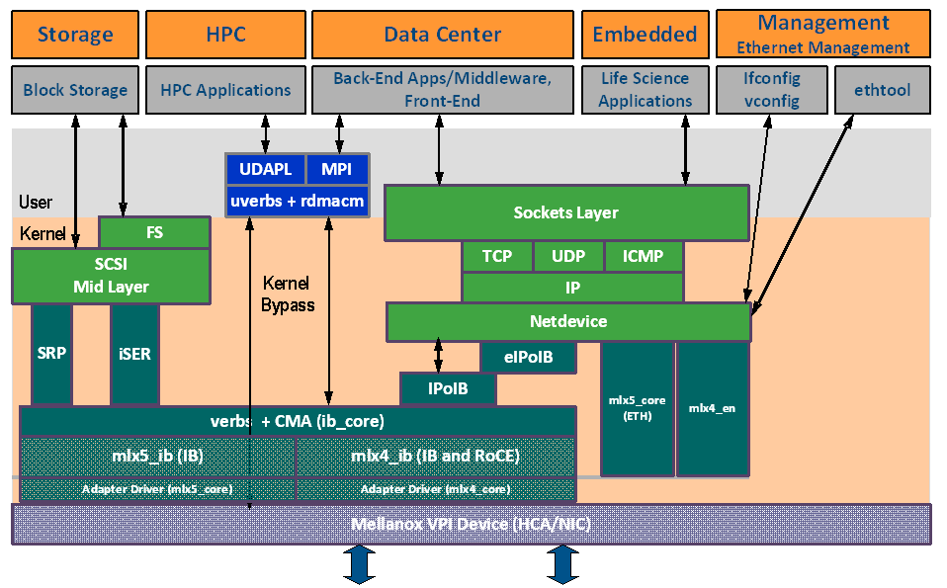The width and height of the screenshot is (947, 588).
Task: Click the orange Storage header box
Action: [x=75, y=35]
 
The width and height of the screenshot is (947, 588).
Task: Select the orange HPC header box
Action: [x=225, y=35]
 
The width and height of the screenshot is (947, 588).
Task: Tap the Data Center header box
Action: [x=442, y=35]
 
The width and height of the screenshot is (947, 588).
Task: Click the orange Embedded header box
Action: [x=645, y=35]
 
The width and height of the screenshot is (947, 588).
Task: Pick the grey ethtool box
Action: [x=882, y=90]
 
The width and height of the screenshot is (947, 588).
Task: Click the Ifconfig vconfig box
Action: [x=771, y=90]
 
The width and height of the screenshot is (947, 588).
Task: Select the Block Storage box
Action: [x=75, y=90]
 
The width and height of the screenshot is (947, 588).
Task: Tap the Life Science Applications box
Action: [x=645, y=90]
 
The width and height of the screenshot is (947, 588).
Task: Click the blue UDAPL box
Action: [x=265, y=169]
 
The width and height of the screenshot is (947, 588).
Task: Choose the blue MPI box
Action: [x=336, y=169]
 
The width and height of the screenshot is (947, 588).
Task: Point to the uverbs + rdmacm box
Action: [x=298, y=201]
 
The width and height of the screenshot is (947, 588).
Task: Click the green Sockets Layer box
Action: [x=565, y=212]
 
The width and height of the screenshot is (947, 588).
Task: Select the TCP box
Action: [x=497, y=257]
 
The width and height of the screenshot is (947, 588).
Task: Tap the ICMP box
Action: [x=644, y=257]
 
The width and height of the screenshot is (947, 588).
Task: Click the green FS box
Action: [x=154, y=233]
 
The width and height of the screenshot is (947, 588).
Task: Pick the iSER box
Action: [x=134, y=354]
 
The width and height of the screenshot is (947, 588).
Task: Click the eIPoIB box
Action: [x=528, y=358]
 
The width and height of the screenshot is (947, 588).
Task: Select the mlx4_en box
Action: [x=712, y=408]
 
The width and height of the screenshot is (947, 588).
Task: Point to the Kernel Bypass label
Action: [x=288, y=294]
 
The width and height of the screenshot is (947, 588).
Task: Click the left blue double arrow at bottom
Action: [x=358, y=564]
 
